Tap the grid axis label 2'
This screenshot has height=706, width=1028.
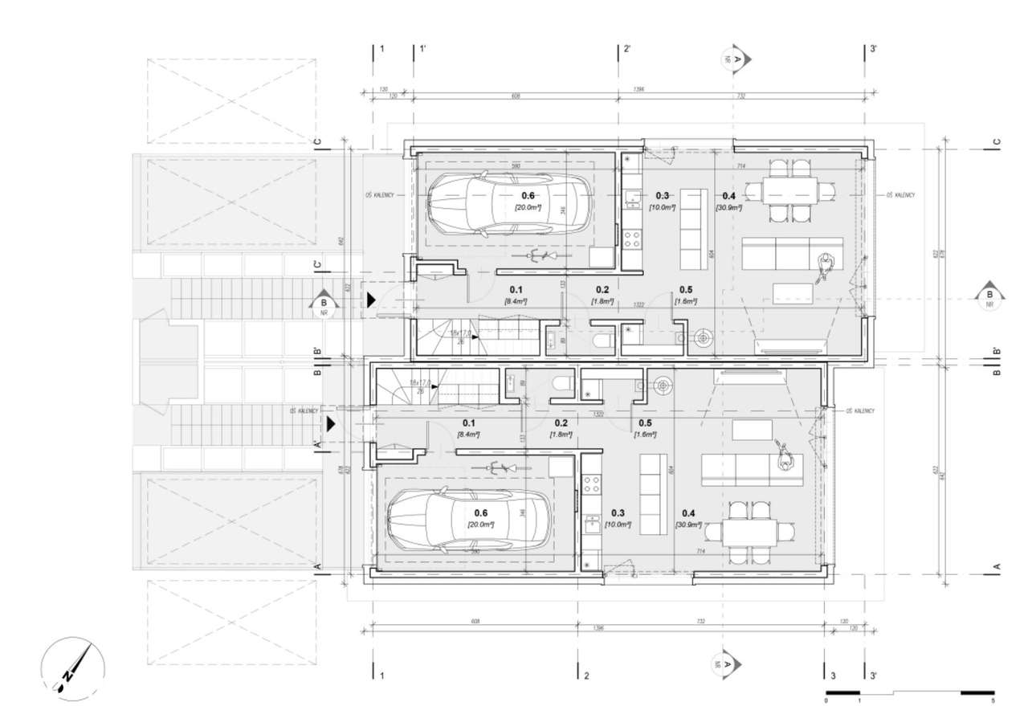pos(626,49)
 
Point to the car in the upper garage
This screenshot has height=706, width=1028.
pos(510,203)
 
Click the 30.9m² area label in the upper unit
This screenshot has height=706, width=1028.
pos(728,207)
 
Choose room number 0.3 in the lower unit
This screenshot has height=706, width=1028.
pos(618,512)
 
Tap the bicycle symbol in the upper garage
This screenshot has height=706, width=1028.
pos(540,255)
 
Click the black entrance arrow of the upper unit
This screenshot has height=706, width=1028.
pos(371,300)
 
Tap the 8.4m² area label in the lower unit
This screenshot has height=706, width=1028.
pos(468,434)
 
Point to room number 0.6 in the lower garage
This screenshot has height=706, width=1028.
pos(481,512)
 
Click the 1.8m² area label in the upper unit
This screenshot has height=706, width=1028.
pos(602,301)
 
